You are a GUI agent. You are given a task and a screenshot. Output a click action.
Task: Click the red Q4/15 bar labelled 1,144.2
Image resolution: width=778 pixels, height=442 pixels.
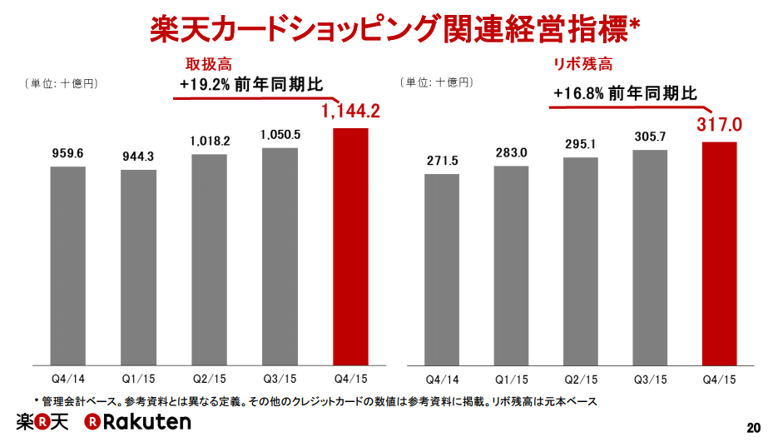(349, 246)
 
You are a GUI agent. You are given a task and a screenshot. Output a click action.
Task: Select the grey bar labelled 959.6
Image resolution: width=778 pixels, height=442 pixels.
(67, 266)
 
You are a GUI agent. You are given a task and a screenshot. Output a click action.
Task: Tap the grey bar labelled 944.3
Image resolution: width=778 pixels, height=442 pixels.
(138, 267)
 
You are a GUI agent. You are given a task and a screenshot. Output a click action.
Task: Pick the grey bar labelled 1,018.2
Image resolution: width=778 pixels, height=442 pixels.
(209, 260)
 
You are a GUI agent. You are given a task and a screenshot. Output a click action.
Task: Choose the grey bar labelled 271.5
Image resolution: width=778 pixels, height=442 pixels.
(442, 270)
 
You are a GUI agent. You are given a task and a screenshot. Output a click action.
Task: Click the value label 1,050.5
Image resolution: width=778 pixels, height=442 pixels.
(280, 135)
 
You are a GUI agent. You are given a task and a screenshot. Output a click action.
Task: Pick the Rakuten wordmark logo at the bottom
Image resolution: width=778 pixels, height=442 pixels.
(136, 422)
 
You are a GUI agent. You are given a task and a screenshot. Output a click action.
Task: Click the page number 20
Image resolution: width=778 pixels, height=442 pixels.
(754, 428)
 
